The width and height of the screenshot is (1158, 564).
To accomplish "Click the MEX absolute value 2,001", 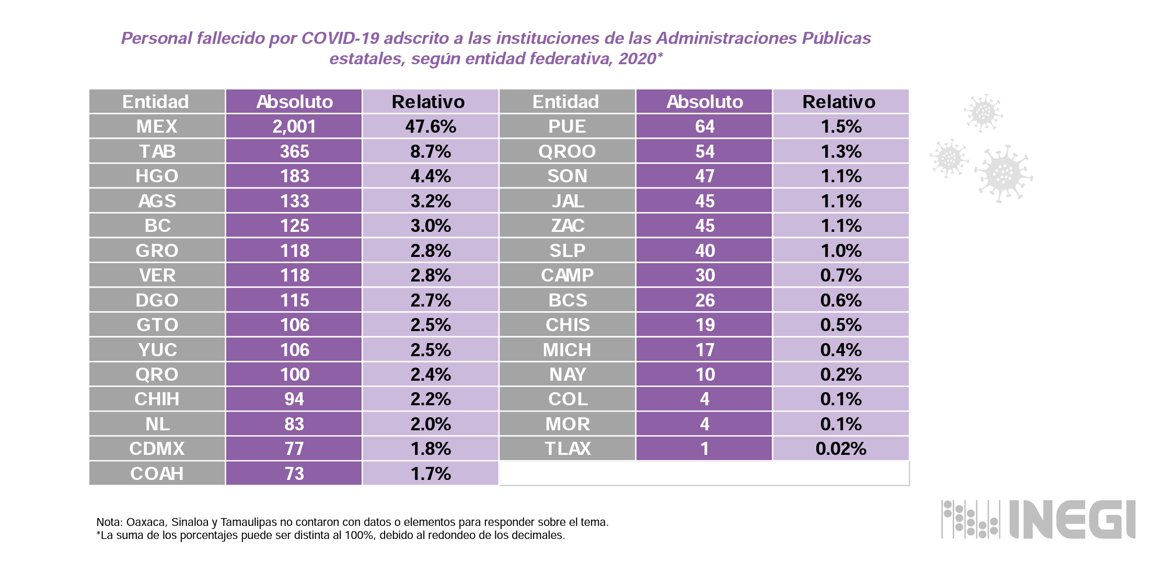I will [x=294, y=126].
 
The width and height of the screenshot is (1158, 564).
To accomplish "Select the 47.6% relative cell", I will [x=431, y=126].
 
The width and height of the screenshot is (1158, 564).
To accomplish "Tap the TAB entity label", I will [x=157, y=151].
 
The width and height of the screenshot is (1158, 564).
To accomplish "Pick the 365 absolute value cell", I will [x=294, y=151].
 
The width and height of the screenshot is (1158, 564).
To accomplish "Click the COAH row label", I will [x=157, y=474].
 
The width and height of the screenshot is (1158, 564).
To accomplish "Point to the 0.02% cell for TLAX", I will [x=840, y=449].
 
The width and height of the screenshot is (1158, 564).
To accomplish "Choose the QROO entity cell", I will [x=567, y=151].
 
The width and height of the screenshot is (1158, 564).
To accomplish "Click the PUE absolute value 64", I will [x=704, y=126].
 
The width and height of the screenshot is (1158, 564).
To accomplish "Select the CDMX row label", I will [x=157, y=449].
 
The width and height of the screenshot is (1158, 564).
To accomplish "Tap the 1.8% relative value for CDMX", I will [x=431, y=449].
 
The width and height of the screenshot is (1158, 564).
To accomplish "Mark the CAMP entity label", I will [x=567, y=275].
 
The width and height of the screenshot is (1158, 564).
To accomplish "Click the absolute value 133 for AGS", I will [x=294, y=201].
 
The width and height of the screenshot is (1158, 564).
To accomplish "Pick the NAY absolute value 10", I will [x=704, y=374].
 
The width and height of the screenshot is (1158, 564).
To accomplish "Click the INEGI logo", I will [x=1038, y=520].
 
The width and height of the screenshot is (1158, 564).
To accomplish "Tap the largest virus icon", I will [x=1003, y=174].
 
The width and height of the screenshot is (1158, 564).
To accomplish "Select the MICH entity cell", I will [x=567, y=350].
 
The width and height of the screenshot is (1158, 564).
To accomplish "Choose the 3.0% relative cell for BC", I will [x=431, y=226].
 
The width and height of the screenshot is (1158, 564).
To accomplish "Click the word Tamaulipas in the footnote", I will [x=248, y=522].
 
